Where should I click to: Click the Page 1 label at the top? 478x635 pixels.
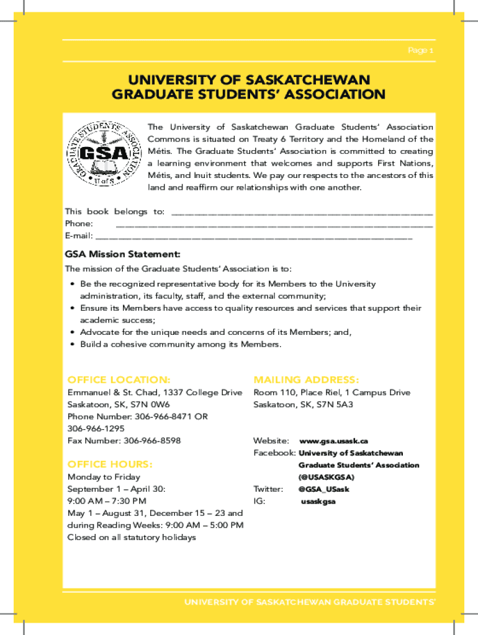pyautogui.click(x=420, y=50)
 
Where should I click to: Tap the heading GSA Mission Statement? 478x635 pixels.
pyautogui.click(x=123, y=254)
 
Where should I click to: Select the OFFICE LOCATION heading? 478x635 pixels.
pyautogui.click(x=119, y=380)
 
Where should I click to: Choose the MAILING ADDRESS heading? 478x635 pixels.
pyautogui.click(x=306, y=380)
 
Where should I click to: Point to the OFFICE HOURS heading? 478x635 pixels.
pyautogui.click(x=110, y=464)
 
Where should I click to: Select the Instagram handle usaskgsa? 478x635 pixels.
pyautogui.click(x=318, y=501)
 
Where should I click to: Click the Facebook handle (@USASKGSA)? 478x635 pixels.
pyautogui.click(x=327, y=477)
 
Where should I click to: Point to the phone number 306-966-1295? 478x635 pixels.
pyautogui.click(x=96, y=429)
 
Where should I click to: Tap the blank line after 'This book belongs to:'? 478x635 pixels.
pyautogui.click(x=302, y=213)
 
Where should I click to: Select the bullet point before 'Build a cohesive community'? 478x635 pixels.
pyautogui.click(x=73, y=344)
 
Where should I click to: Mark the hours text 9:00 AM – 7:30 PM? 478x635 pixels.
pyautogui.click(x=107, y=501)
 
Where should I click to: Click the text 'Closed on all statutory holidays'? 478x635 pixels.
pyautogui.click(x=132, y=537)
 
